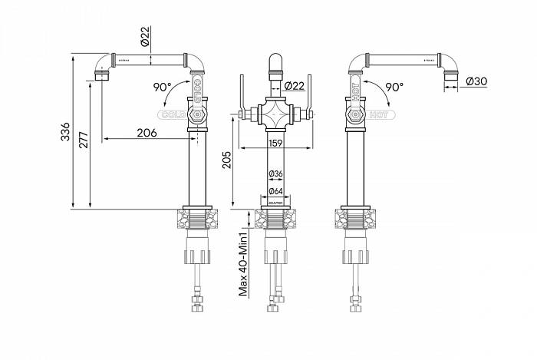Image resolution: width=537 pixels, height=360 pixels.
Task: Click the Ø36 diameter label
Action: click(277, 175)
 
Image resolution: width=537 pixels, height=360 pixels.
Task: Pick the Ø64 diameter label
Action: click(277, 191)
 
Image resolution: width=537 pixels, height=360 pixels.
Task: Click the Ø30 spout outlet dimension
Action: click(476, 82)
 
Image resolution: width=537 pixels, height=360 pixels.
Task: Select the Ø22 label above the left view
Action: click(144, 34)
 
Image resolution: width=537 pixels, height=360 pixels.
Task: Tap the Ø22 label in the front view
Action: click(295, 85)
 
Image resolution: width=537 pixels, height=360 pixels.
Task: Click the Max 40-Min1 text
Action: click(242, 265)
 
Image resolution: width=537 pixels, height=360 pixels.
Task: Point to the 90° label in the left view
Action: click(163, 87)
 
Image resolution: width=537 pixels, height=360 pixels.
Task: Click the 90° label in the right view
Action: click(394, 87)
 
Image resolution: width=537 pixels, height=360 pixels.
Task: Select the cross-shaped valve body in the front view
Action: click(277, 116)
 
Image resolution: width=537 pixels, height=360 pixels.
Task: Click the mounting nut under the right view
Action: click(355, 220)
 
